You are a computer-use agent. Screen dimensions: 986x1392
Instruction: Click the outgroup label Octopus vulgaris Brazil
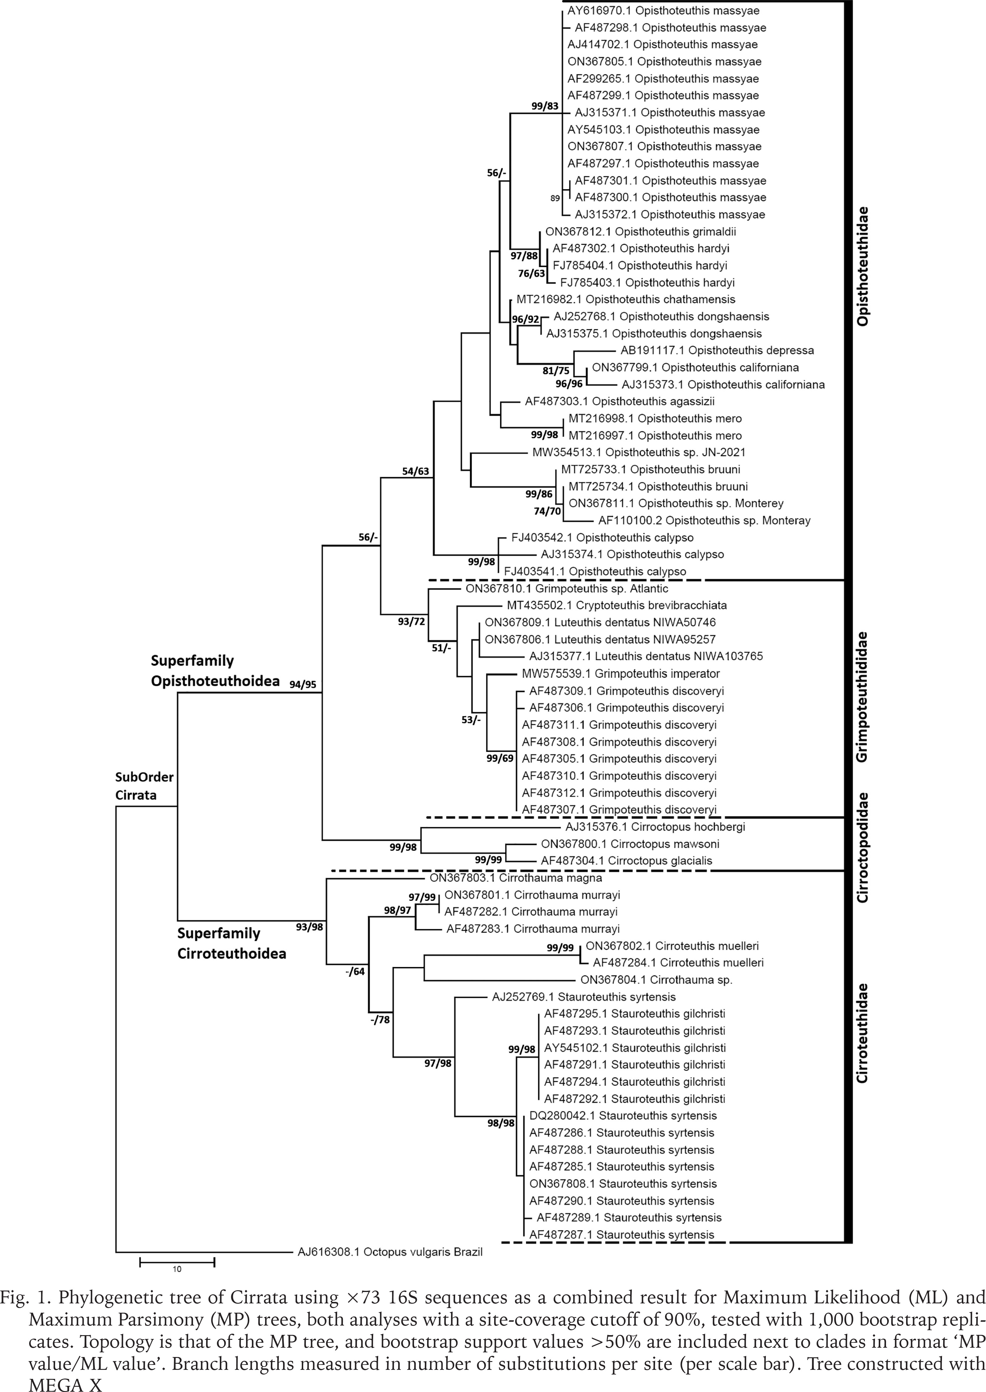coord(390,1252)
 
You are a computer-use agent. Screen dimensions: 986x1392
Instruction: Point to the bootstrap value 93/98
coord(309,927)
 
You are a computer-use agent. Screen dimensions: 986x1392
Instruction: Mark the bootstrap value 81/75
coord(556,371)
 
